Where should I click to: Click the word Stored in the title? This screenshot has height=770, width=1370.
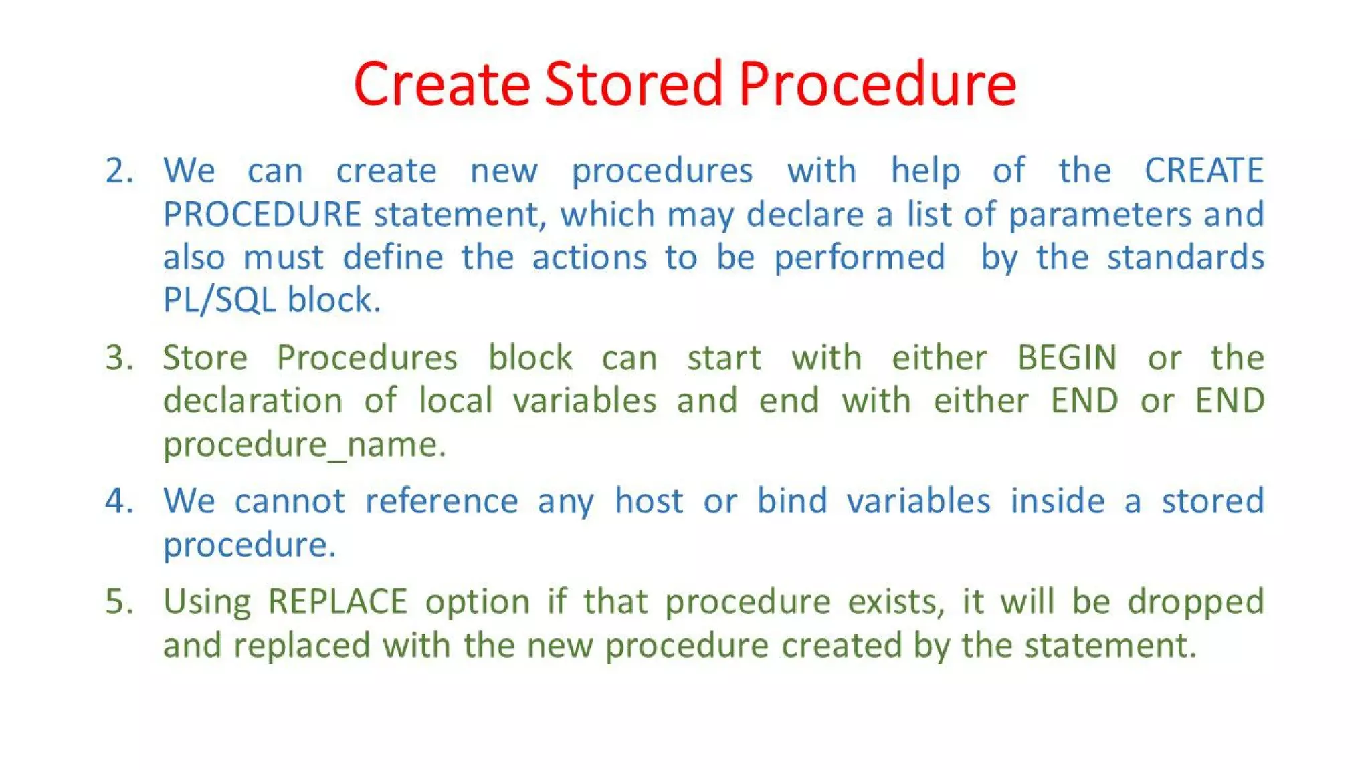coord(633,84)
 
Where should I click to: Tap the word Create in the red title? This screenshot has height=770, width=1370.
coord(442,84)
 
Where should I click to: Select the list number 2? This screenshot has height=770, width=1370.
coord(118,171)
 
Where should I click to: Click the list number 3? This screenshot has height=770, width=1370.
coord(118,358)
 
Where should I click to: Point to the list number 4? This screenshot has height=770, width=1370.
coord(118,501)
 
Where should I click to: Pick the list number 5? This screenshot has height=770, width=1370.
coord(118,602)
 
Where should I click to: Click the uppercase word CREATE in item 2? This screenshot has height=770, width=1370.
coord(1203,171)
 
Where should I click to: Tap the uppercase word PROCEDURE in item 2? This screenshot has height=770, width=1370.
coord(262,215)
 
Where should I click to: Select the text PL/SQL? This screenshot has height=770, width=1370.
coord(219,300)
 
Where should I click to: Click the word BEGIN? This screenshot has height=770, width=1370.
coord(1067,358)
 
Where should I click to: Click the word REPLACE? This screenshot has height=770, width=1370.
coord(337,602)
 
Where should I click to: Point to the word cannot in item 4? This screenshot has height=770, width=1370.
coord(289,501)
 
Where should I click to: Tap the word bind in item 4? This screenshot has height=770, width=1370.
coord(791,501)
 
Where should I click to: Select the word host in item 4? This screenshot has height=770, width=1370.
coord(648,501)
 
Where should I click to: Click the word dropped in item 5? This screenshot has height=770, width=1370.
coord(1195,602)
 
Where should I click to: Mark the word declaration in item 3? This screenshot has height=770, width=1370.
coord(253,401)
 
